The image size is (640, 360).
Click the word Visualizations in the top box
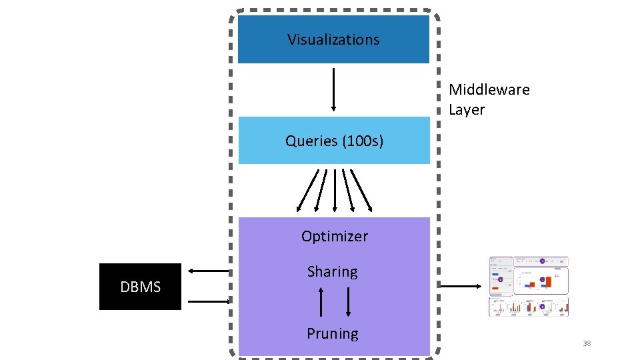[333, 39]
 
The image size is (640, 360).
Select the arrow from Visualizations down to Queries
[333, 88]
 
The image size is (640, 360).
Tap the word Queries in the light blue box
[311, 141]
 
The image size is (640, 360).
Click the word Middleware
[489, 89]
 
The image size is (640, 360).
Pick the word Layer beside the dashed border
[466, 109]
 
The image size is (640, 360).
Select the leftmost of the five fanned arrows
[307, 190]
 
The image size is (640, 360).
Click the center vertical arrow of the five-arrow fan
[334, 190]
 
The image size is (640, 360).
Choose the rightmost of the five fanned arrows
[361, 190]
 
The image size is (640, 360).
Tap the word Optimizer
[334, 236]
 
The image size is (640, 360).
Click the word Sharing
[332, 271]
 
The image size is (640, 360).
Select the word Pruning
[332, 333]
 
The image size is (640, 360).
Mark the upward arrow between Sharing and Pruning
[321, 302]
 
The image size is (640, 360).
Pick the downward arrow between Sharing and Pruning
[348, 302]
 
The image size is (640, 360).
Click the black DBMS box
[140, 287]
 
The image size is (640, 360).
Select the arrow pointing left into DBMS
[209, 271]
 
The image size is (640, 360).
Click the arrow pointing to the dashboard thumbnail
[461, 286]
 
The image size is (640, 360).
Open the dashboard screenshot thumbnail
[529, 285]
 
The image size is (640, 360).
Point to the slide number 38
[587, 343]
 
